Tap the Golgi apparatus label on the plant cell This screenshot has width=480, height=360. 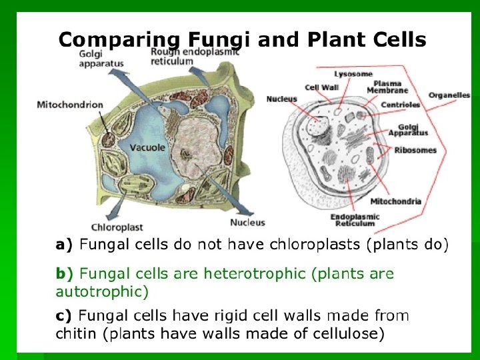click(x=101, y=59)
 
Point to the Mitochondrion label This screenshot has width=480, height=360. click(x=71, y=105)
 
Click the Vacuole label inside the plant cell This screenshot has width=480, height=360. click(x=147, y=147)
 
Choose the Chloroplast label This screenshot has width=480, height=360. click(x=117, y=227)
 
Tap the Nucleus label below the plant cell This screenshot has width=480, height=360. click(x=247, y=223)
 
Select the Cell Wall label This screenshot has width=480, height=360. click(x=322, y=87)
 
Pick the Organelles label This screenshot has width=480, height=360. click(x=449, y=95)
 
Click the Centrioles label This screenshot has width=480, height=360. click(x=400, y=105)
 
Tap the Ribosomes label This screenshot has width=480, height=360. click(x=415, y=150)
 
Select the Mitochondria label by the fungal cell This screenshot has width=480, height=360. click(x=395, y=201)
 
